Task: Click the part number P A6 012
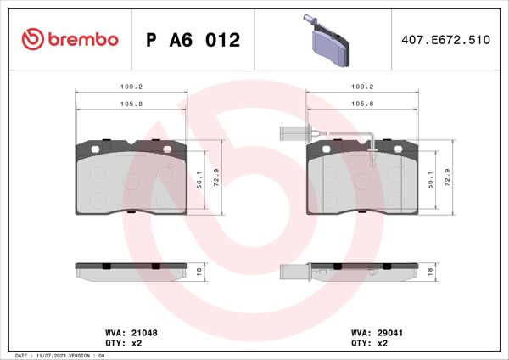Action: [x=193, y=40]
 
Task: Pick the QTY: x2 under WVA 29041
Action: [x=370, y=344]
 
